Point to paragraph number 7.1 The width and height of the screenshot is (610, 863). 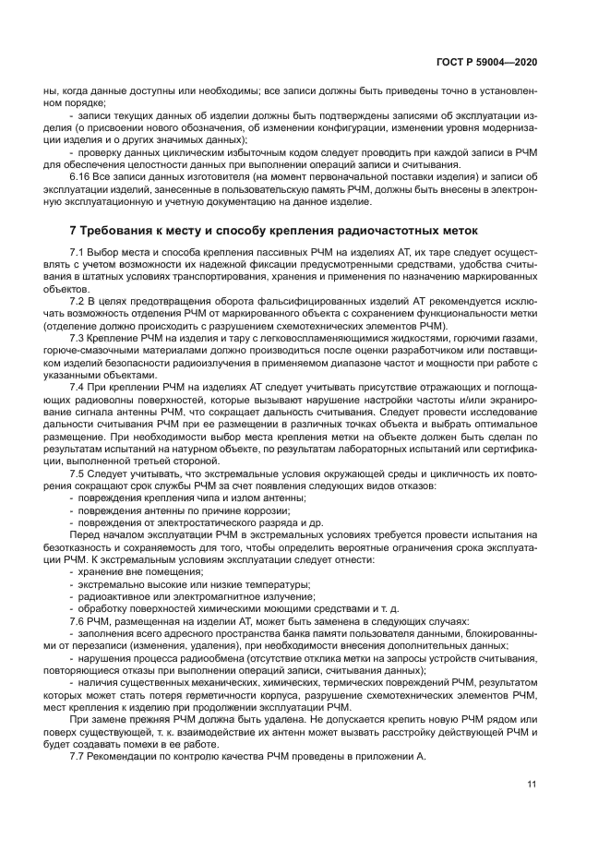[x=78, y=252]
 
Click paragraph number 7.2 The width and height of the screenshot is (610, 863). [x=78, y=301]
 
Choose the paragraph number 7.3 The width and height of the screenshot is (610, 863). [x=78, y=339]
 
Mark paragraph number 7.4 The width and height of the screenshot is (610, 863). [x=78, y=389]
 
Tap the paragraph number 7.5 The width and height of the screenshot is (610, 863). [x=78, y=473]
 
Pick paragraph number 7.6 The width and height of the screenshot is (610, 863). [x=78, y=621]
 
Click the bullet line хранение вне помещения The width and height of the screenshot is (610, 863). [x=127, y=571]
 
